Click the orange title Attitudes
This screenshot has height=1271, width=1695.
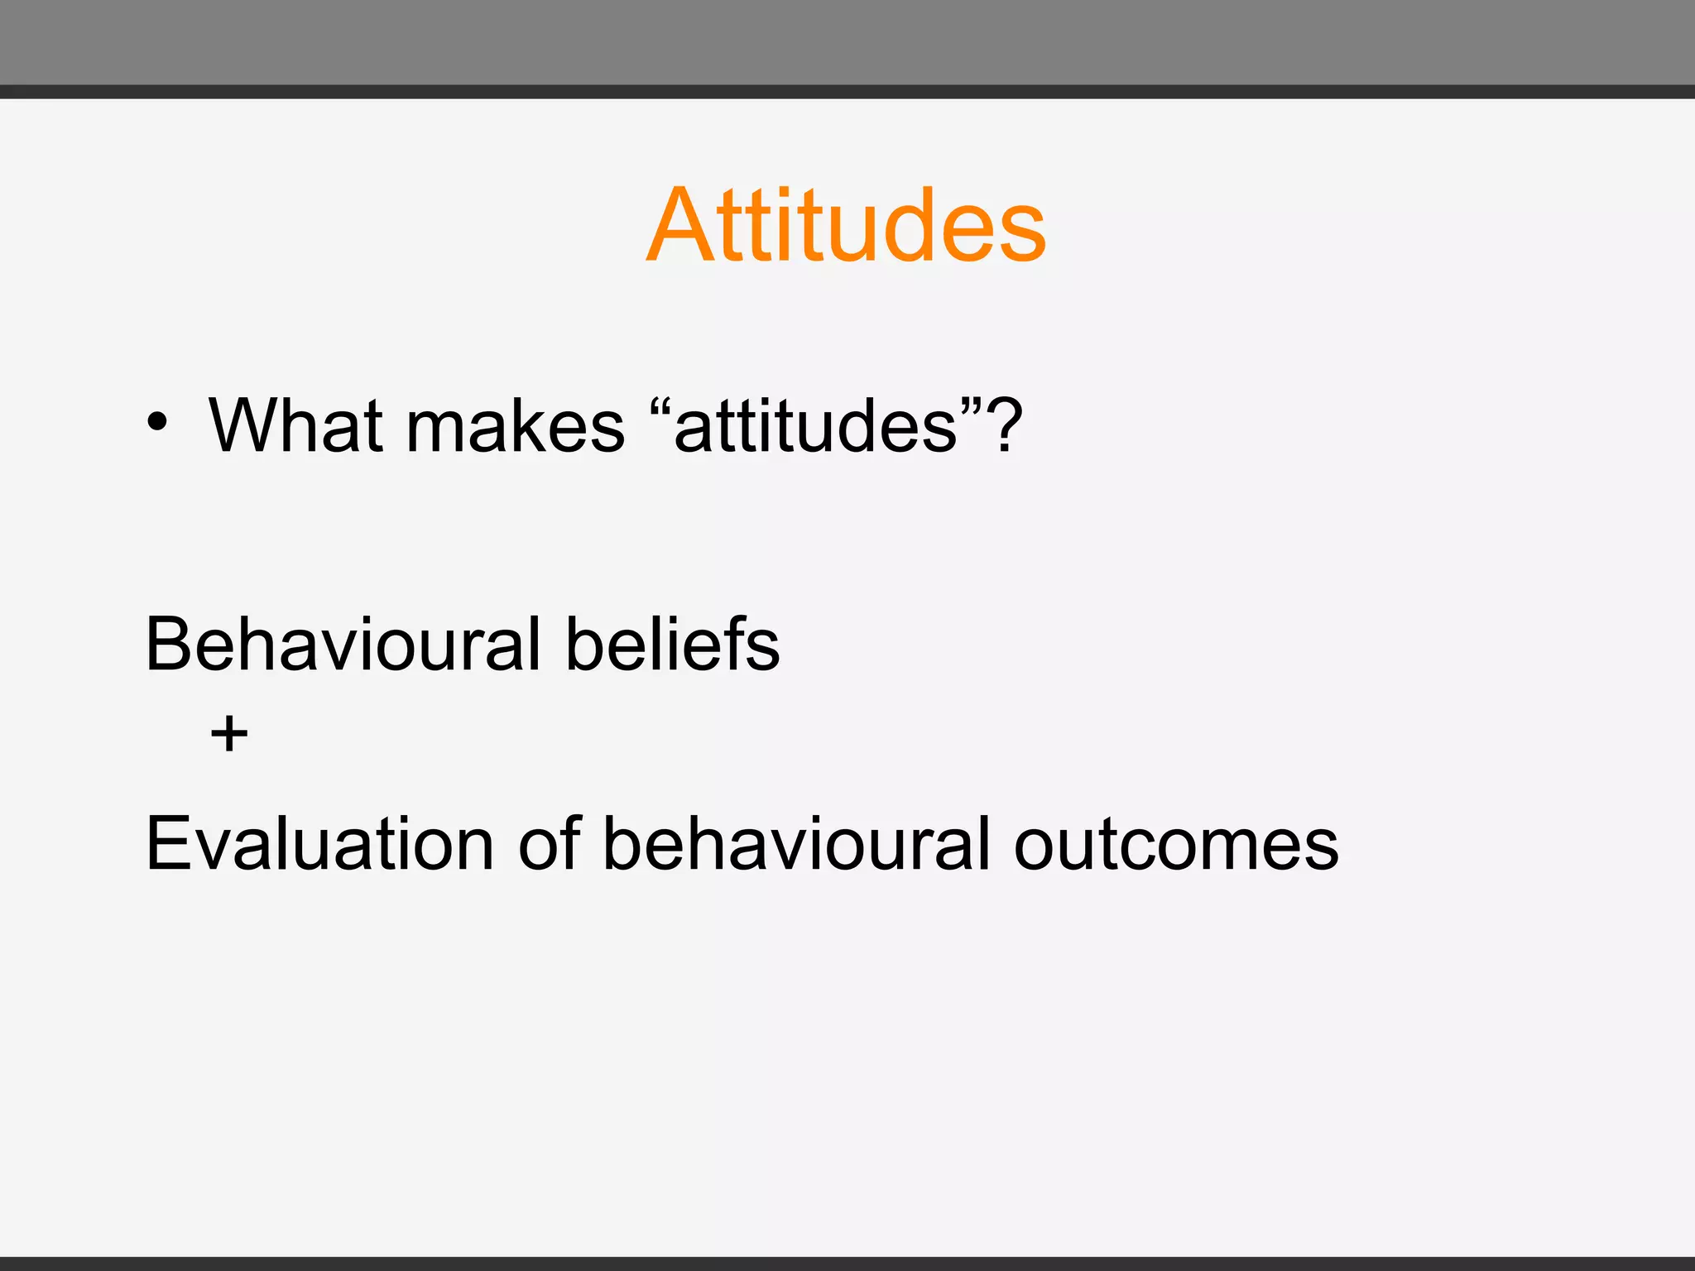point(846,225)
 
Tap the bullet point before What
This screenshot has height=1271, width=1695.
point(157,423)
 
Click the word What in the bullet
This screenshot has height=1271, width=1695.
point(294,426)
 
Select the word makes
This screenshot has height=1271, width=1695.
point(515,428)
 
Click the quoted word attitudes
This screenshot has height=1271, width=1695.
point(815,428)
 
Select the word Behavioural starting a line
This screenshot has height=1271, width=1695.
point(342,645)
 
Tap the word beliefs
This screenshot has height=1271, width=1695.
point(672,645)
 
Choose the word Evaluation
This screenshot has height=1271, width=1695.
point(319,845)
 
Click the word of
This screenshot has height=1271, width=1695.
point(550,845)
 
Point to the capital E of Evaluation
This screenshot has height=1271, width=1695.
point(168,845)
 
